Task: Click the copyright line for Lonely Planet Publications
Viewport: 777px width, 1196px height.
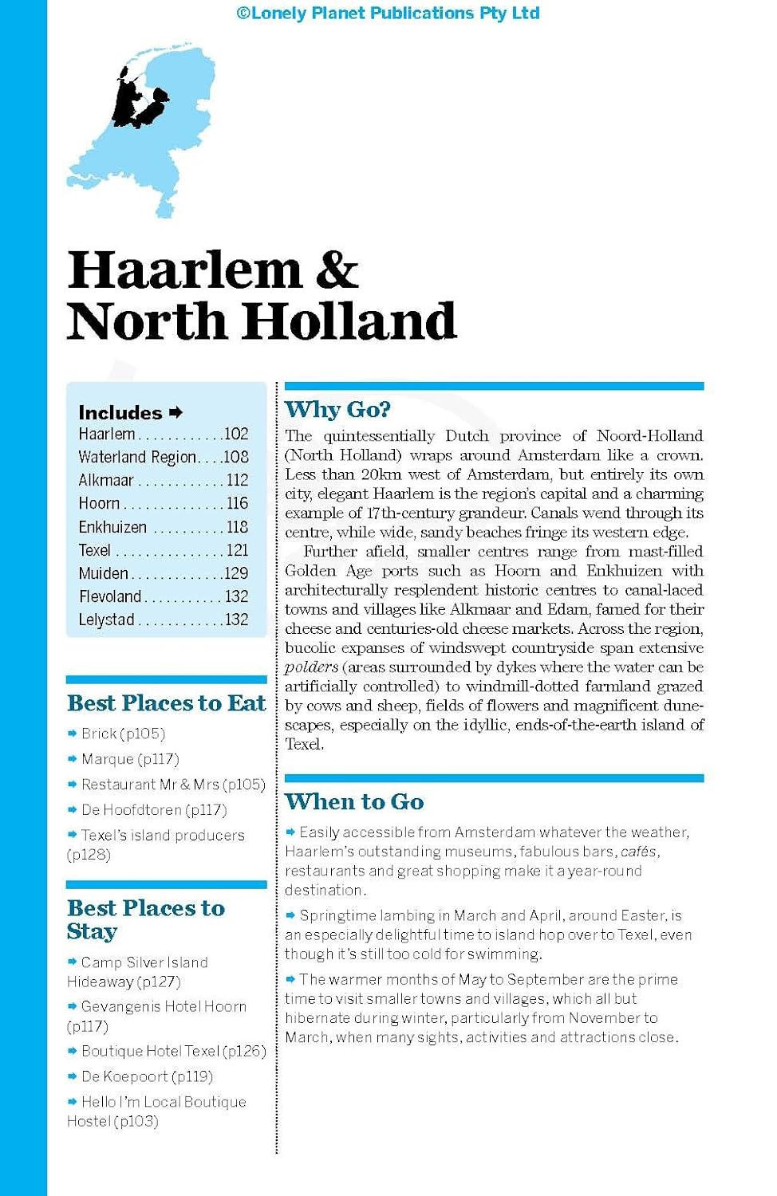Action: [388, 13]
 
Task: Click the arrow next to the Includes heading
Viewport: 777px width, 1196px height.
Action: [176, 412]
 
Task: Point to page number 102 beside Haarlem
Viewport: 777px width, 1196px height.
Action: [236, 435]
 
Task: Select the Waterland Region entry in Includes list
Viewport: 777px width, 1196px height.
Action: [136, 458]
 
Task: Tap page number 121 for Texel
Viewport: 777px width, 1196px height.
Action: [237, 550]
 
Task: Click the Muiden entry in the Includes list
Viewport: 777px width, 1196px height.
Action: [103, 573]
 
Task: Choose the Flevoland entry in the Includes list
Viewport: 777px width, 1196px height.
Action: [110, 596]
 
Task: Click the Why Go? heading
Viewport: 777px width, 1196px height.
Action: [337, 410]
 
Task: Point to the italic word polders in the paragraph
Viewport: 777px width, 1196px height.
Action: [311, 667]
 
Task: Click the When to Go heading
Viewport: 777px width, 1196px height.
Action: [354, 802]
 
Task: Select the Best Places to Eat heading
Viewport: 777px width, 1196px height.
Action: [166, 703]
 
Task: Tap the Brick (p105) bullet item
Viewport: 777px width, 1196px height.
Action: [123, 734]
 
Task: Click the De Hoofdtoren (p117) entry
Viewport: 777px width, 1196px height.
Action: [154, 810]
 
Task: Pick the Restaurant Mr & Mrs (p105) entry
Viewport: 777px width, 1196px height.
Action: [173, 785]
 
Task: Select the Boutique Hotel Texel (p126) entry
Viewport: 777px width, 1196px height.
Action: [173, 1052]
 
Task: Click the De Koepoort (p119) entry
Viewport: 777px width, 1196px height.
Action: [147, 1077]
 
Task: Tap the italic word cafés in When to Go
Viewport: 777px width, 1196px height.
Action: [639, 852]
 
